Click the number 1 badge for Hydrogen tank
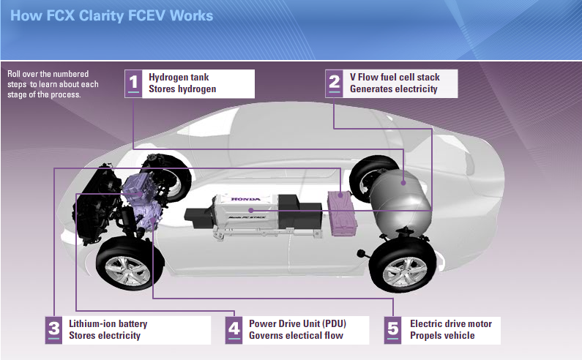(133, 83)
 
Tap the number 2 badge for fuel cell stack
(334, 83)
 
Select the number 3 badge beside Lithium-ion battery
(54, 330)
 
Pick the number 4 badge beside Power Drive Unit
(234, 330)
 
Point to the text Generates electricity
(393, 89)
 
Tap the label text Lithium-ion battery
(108, 323)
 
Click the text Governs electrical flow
(296, 336)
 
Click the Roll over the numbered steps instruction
(52, 83)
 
